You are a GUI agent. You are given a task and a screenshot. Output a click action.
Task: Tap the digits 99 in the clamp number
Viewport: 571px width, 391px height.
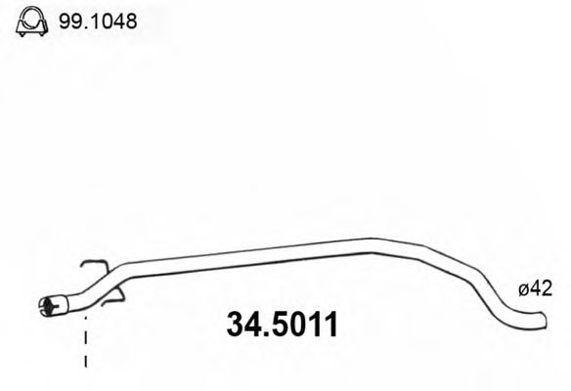tap(69, 20)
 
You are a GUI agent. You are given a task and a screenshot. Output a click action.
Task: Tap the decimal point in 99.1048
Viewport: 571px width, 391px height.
tap(81, 26)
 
